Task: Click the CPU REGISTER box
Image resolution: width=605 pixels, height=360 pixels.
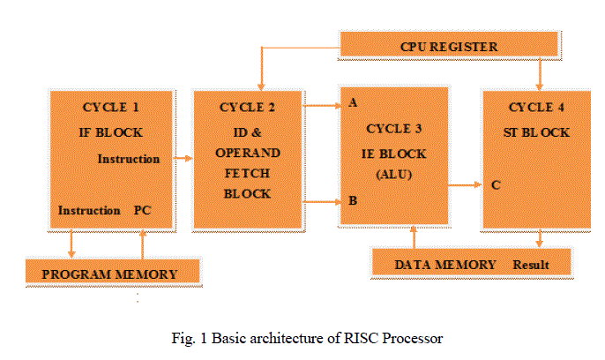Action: coord(449,44)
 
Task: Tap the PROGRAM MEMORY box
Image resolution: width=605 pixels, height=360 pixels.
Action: coord(109,273)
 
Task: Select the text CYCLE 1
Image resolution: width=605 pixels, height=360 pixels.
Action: coord(111,108)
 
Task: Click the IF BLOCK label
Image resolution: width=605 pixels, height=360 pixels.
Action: coord(111,133)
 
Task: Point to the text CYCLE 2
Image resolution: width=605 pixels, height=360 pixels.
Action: coord(247,108)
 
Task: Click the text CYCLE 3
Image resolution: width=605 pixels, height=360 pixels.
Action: coord(393,129)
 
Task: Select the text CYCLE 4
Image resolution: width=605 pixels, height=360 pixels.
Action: coord(539,108)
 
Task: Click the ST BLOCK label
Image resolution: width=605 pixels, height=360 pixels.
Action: coord(539,133)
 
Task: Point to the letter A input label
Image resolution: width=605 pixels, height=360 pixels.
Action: coord(353,103)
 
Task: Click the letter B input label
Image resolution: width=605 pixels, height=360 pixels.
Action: coord(353,201)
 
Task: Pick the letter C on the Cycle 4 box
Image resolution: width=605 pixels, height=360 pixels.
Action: coord(497,185)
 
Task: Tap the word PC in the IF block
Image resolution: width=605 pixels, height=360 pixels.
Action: coord(143,211)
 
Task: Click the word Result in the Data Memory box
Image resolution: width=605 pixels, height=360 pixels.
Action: coord(530,264)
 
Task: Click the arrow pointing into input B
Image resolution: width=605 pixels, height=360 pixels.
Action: coord(323,201)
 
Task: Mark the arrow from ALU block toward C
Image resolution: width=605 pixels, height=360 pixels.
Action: coord(466,185)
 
